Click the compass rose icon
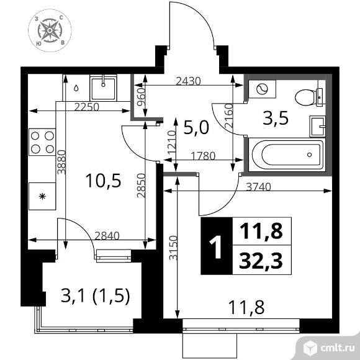point(50,30)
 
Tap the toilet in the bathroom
point(310,97)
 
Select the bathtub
point(287,155)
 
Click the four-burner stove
point(42,142)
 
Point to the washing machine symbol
point(262,89)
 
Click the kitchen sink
point(103,88)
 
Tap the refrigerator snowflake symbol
point(42,196)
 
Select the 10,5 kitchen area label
point(103,181)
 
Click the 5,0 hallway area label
point(196,128)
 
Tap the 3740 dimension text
point(259,187)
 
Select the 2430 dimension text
point(188,81)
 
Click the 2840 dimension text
point(107,236)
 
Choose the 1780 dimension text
point(203,156)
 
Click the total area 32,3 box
point(262,260)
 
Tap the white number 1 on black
point(216,247)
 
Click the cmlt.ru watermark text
point(337,348)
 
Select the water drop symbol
point(76,88)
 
